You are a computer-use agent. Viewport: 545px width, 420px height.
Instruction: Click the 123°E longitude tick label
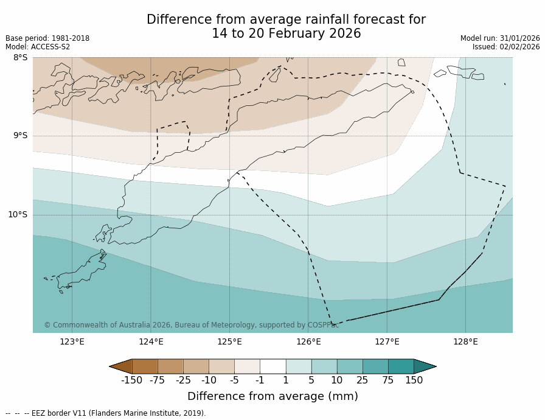[72, 341]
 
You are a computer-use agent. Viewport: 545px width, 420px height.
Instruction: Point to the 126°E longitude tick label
[308, 341]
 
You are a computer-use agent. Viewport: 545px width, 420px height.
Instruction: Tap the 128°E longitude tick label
[465, 341]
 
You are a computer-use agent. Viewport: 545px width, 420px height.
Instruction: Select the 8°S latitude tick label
[20, 58]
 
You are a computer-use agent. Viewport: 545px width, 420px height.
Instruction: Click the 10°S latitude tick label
[18, 214]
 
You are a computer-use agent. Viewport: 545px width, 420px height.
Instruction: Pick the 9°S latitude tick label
[20, 136]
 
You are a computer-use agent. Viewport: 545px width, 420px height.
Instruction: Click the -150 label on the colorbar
[131, 380]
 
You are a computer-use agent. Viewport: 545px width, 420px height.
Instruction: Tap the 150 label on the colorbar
[414, 380]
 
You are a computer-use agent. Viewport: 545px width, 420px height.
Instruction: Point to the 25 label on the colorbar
[363, 380]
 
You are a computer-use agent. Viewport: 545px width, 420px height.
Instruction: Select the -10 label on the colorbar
[209, 380]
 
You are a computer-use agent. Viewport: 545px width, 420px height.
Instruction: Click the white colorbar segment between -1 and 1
[272, 366]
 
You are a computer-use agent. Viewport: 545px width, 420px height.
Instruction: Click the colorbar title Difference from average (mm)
[272, 396]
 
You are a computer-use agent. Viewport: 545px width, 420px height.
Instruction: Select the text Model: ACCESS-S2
[38, 47]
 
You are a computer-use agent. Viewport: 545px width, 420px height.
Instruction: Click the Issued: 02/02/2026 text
[506, 47]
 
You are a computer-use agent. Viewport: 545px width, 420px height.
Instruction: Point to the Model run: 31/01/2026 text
[500, 38]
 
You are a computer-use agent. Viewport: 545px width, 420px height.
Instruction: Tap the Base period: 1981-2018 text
[47, 38]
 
